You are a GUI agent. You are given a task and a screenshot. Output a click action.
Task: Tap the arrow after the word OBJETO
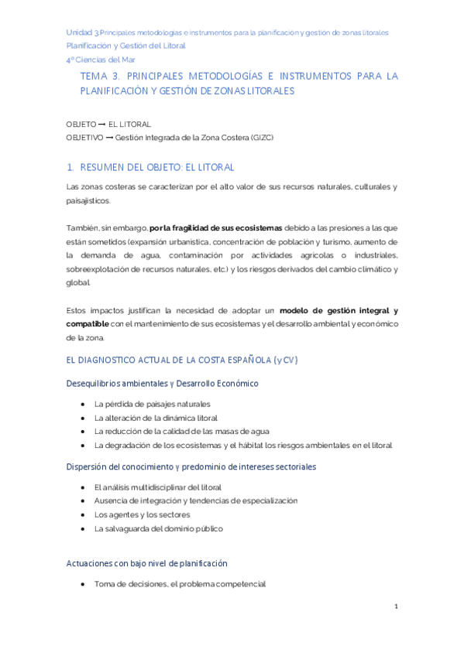(102, 124)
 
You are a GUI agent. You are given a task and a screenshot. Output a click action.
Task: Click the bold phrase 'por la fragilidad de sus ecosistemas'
(215, 228)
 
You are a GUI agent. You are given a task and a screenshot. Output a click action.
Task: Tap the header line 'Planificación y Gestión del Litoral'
(125, 46)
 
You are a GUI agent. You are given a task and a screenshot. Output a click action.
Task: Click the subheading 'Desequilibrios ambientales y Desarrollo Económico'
(163, 384)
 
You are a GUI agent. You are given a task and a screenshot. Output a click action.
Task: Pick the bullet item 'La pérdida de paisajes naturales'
(152, 404)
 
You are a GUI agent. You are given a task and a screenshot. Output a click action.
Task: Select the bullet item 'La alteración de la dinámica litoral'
(156, 418)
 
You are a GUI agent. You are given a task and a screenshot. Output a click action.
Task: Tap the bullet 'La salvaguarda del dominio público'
(158, 528)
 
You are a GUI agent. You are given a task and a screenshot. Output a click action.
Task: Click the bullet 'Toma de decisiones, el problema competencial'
(180, 584)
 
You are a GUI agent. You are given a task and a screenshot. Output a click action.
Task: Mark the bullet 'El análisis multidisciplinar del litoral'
(157, 487)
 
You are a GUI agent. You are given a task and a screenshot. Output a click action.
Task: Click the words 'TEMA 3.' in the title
(98, 77)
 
